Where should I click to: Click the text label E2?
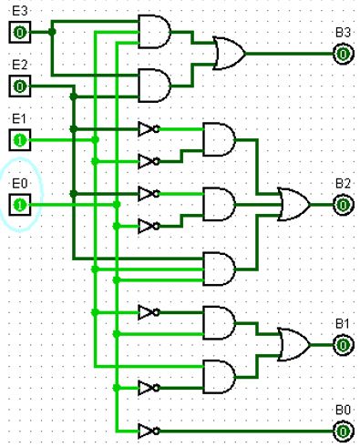tap(19, 66)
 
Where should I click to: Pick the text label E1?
tap(19, 119)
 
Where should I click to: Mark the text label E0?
tap(19, 184)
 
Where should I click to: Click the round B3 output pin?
tap(342, 54)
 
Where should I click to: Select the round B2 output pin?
tap(342, 205)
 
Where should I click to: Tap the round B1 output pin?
tap(342, 344)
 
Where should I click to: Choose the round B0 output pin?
tap(342, 430)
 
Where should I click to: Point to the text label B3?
tap(342, 34)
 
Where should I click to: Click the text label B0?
tap(342, 410)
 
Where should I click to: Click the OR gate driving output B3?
tap(228, 54)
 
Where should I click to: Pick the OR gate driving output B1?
tap(293, 344)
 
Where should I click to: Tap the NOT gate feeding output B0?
tap(149, 430)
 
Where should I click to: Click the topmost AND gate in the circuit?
tap(153, 32)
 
